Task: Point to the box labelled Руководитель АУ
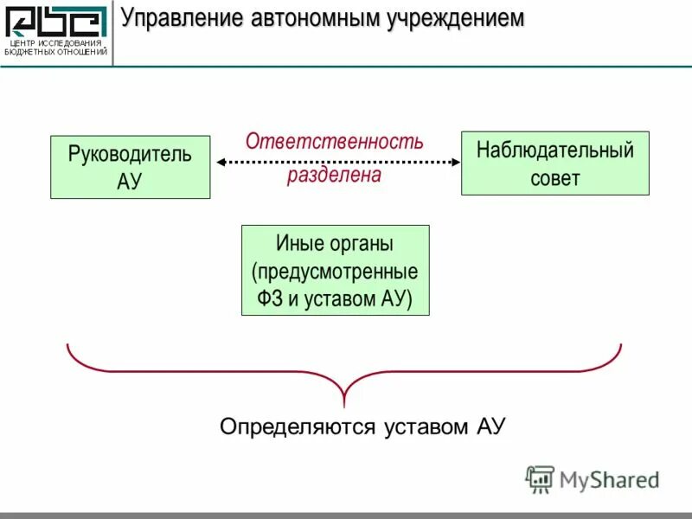coord(130,167)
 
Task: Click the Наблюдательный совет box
coord(554,163)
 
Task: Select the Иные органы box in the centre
coord(335,271)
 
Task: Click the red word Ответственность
coord(334,141)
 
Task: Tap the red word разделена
coord(334,175)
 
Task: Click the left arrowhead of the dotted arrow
coord(220,161)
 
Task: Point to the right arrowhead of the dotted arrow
coord(455,161)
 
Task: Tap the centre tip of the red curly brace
coord(344,403)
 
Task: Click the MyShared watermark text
coord(610,478)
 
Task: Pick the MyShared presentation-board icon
coord(540,478)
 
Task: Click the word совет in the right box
coord(554,179)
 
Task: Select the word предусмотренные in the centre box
coord(335,272)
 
